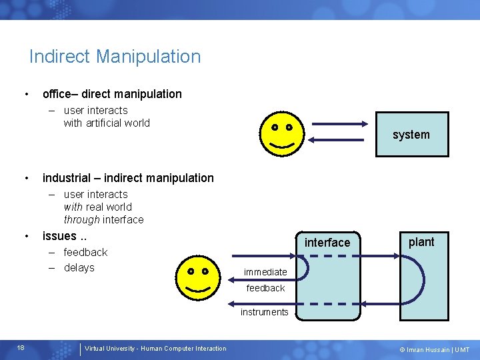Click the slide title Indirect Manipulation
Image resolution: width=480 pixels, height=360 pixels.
click(115, 57)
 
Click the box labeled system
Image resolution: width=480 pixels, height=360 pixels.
click(411, 135)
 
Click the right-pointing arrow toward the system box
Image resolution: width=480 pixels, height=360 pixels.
click(340, 124)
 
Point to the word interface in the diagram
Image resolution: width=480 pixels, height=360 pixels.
click(327, 243)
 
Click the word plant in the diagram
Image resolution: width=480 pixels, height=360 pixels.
click(421, 242)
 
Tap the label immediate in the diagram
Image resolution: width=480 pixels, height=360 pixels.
click(265, 272)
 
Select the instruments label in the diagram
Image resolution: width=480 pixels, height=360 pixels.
click(265, 312)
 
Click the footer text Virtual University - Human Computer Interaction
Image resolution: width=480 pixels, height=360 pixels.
click(155, 349)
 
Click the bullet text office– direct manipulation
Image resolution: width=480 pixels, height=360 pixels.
click(112, 94)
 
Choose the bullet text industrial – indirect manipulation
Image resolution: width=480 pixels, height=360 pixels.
click(128, 178)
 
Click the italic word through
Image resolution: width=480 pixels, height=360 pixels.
click(81, 219)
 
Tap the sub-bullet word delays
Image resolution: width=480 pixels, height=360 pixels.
click(79, 267)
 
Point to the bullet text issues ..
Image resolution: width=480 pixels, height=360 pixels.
click(65, 235)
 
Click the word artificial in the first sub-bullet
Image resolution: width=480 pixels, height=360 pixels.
click(108, 123)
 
